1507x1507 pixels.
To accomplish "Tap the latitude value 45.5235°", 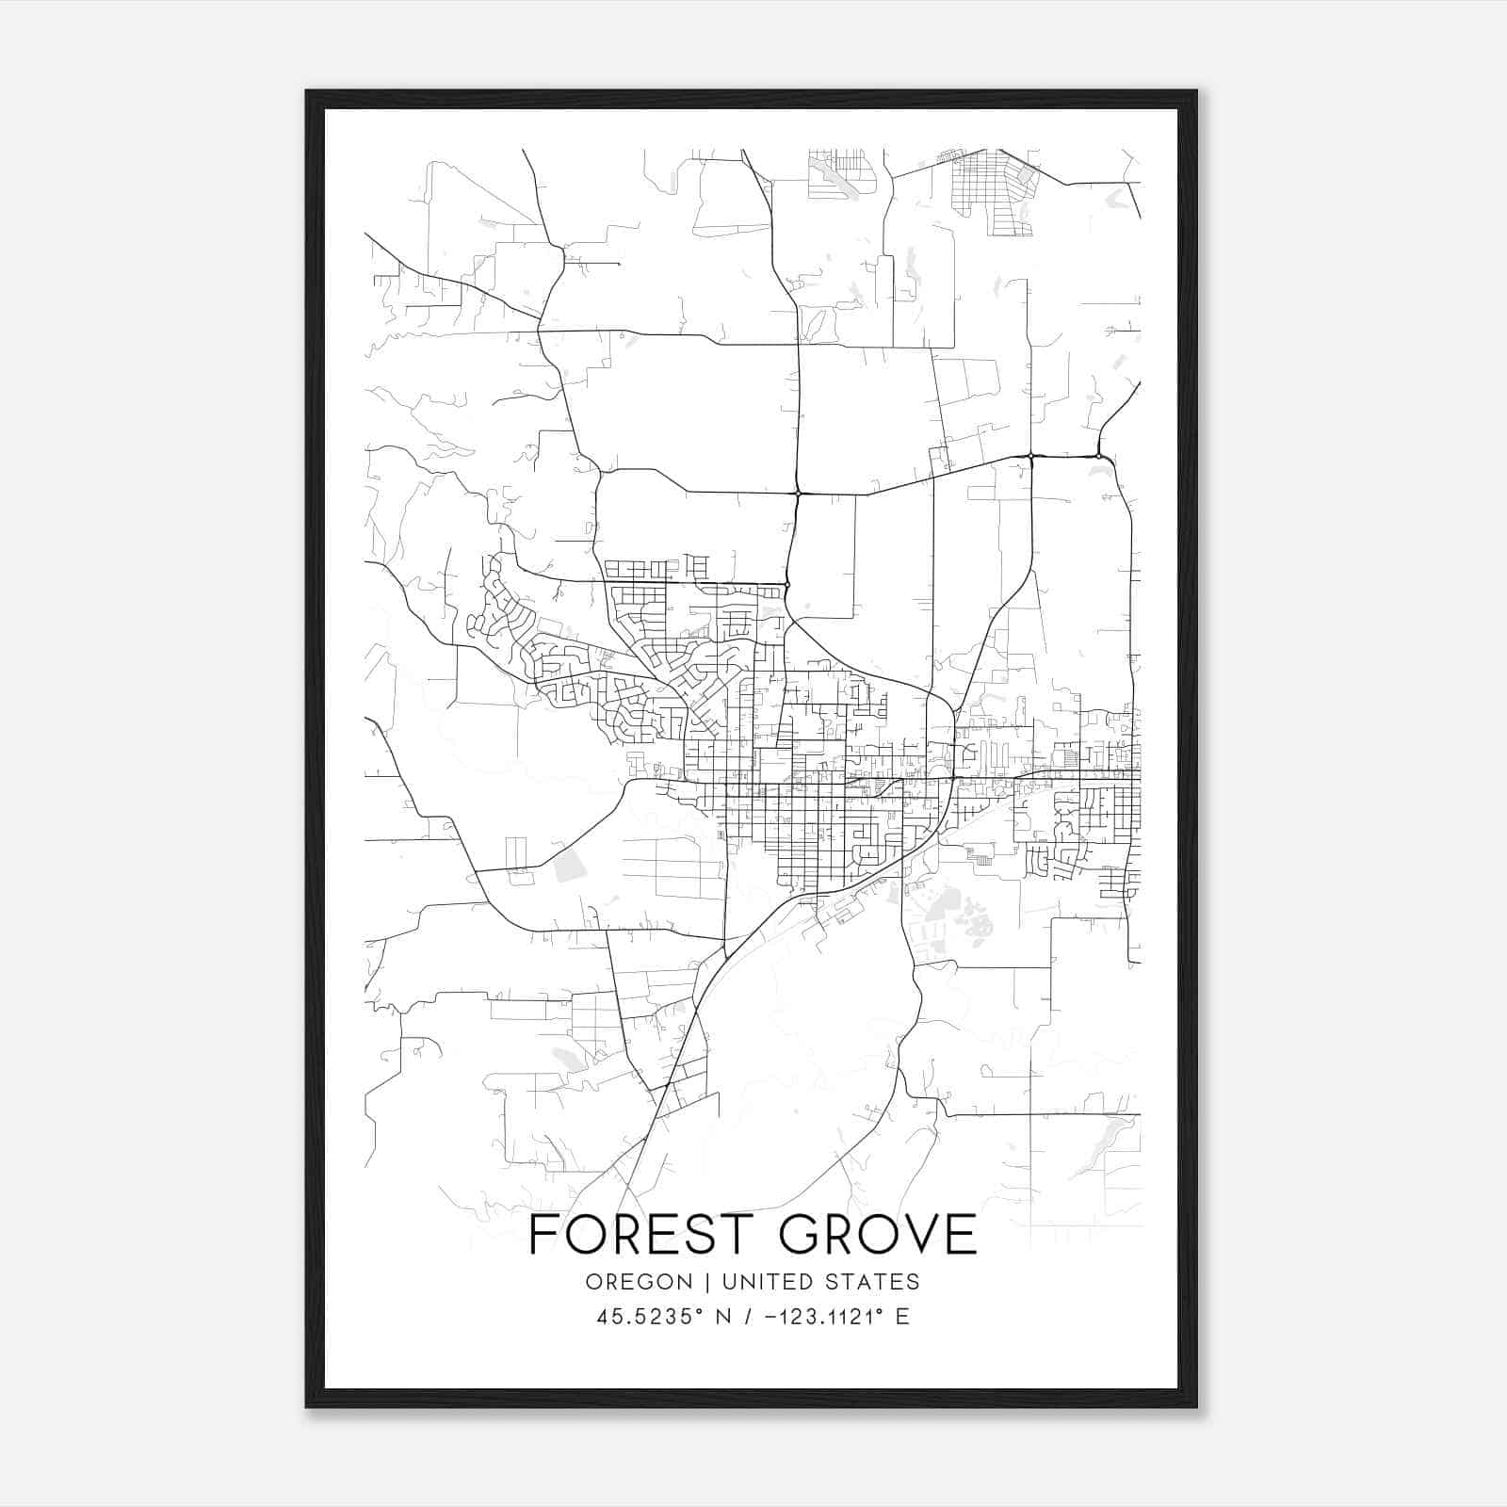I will point(650,1318).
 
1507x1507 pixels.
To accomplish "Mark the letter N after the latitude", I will point(723,1318).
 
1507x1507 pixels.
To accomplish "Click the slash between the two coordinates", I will point(746,1318).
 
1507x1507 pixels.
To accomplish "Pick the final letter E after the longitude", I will point(902,1318).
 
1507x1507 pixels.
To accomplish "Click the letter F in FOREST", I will point(543,1235).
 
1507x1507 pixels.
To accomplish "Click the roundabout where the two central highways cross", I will point(798,493).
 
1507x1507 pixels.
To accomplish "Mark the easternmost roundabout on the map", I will point(1099,456).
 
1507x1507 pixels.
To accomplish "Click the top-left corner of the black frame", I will point(308,92).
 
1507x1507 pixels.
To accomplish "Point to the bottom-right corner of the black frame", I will point(1195,1405).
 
